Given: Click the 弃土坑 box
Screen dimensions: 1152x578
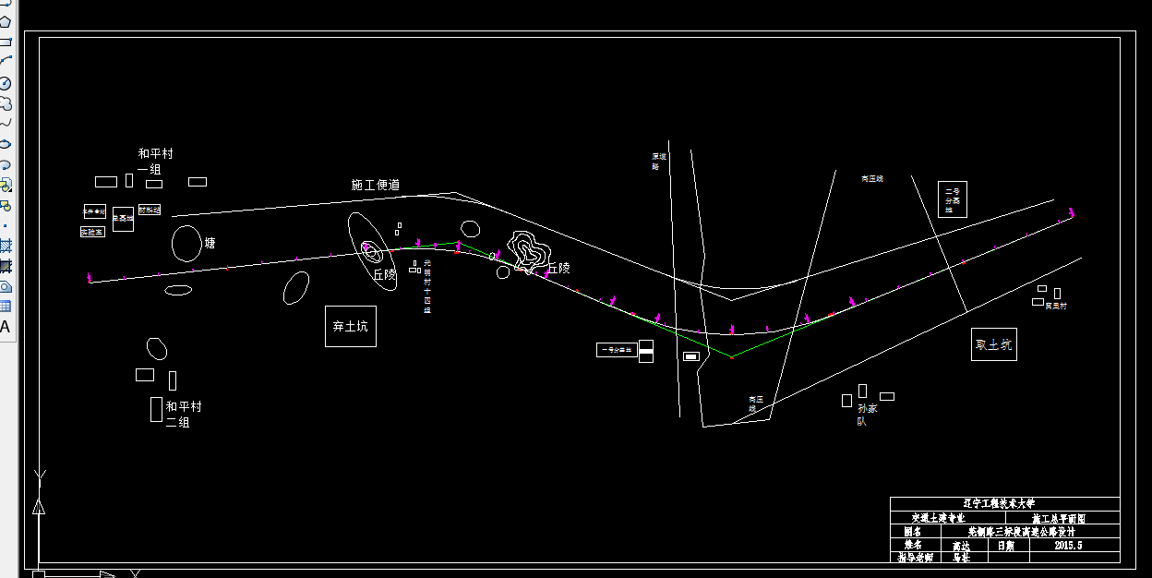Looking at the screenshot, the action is (351, 326).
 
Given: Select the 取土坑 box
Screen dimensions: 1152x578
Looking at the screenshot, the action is (993, 344).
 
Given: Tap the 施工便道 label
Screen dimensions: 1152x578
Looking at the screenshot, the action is (376, 185).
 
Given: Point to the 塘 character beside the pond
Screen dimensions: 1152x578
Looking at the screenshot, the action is (210, 244).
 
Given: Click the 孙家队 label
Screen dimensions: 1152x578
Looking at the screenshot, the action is (862, 413).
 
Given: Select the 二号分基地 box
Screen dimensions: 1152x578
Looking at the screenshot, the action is (952, 199).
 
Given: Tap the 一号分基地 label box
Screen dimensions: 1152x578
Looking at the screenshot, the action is (617, 350).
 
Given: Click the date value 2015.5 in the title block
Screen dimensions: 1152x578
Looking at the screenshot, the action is (1067, 545).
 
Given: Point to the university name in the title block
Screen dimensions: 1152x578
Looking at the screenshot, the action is (1004, 504).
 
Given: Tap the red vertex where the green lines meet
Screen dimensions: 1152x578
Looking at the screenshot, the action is (731, 356).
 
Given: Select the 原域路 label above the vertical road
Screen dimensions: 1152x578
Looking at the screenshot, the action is (657, 162).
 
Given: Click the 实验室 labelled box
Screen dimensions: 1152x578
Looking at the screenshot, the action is (92, 232).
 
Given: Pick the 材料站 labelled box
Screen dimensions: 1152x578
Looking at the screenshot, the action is (150, 210).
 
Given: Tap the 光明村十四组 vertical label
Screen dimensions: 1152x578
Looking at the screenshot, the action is (426, 286).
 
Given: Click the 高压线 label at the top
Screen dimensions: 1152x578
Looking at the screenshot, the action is (872, 178).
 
